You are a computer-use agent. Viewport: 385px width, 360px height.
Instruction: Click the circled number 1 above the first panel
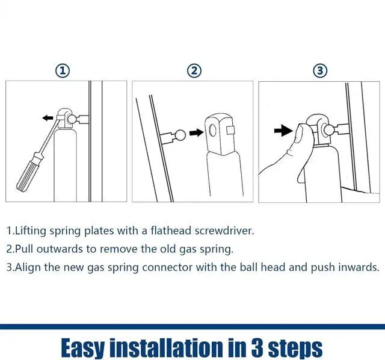click(x=63, y=71)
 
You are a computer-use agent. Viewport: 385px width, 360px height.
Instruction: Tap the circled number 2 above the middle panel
click(x=194, y=71)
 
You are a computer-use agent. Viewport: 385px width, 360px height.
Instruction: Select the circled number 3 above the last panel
click(x=320, y=71)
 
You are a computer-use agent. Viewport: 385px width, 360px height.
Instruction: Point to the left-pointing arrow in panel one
click(x=48, y=118)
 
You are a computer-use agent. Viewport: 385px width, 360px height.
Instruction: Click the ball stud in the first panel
click(x=72, y=119)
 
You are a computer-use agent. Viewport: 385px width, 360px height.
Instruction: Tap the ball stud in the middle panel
click(x=180, y=135)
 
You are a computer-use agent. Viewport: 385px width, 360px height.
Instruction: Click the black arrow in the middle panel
click(x=196, y=133)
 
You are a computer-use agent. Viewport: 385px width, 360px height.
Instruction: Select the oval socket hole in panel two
click(x=212, y=130)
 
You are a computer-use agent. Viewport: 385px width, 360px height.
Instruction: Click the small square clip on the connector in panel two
click(x=230, y=130)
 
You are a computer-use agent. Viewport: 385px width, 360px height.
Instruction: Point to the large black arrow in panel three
click(x=283, y=130)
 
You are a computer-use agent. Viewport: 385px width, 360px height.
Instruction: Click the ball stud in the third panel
click(x=328, y=129)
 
